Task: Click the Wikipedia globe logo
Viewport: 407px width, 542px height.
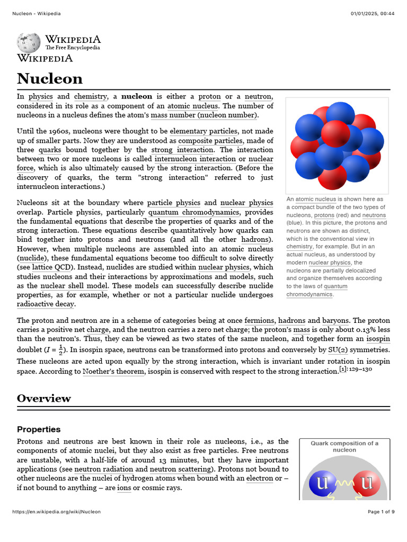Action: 28,43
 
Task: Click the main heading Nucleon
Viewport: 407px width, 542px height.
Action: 50,78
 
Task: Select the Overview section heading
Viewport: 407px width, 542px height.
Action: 44,398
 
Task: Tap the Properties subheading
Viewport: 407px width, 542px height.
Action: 39,429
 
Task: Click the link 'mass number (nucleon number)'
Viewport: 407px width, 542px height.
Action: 204,115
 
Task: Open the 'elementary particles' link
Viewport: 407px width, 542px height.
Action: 203,131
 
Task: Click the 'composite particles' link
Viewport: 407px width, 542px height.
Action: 210,140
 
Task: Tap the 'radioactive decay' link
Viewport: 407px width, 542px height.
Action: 46,304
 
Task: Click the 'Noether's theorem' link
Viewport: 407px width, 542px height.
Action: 113,372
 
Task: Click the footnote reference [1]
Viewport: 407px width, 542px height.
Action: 343,369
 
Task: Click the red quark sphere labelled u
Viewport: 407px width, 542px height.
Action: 366,483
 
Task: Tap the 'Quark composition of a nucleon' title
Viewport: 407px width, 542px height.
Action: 344,446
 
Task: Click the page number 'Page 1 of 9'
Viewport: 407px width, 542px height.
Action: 381,512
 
